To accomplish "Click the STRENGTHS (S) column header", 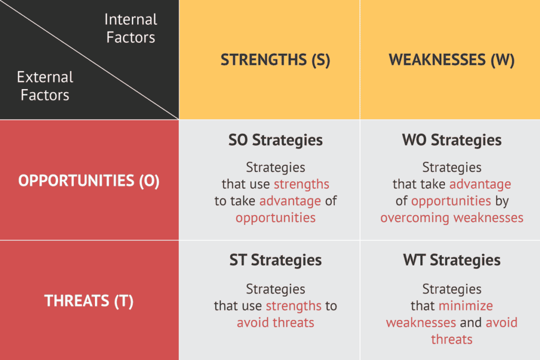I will click(275, 60).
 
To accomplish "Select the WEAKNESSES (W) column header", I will click(451, 60).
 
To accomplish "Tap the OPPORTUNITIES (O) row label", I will click(89, 181).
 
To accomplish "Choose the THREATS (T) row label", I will click(89, 301).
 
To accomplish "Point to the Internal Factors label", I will click(130, 28).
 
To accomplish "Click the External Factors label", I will click(44, 86).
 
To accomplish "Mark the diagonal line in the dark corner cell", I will click(90, 60).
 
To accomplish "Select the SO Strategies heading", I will click(275, 140).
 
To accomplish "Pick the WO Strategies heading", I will click(451, 140).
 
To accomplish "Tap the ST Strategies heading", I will click(275, 260).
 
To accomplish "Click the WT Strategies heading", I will click(451, 260).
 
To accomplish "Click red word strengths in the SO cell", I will click(302, 184).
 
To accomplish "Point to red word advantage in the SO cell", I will click(290, 201).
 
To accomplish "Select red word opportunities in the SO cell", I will click(275, 218).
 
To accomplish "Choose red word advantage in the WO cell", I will click(480, 184).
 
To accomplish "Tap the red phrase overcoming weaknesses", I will click(451, 218).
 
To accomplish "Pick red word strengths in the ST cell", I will click(294, 306).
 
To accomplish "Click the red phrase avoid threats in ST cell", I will click(275, 323).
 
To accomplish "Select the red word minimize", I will click(466, 306).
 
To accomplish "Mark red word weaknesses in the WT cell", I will click(421, 323).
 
